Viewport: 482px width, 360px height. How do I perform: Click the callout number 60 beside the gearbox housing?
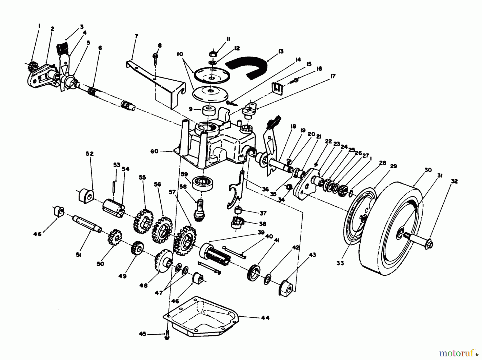[x=154, y=151]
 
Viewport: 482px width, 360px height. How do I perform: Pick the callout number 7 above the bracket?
[x=136, y=36]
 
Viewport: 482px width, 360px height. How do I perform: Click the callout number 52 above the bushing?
[x=89, y=154]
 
